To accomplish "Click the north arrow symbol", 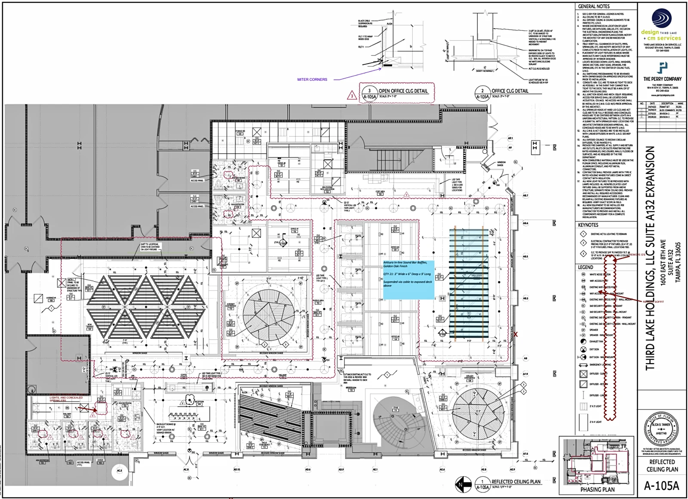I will point(463,484).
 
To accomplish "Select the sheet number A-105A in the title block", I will point(661,486).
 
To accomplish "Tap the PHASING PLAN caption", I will point(597,489).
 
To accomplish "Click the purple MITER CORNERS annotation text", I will point(312,79).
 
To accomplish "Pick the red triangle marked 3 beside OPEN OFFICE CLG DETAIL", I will point(352,95).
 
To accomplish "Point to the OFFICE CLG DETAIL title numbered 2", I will point(510,91).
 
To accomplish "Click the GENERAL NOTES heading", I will point(593,6).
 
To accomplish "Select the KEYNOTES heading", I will point(588,225).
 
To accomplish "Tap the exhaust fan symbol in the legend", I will point(584,341).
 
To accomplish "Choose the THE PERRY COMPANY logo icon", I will point(663,67).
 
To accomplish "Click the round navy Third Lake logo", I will point(662,18).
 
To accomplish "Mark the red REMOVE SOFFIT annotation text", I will point(654,301).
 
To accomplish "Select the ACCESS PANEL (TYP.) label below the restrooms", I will point(83,463).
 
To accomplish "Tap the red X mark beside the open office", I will point(515,334).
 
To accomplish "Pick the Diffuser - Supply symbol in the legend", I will point(584,374).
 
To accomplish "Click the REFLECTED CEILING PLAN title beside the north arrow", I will point(516,481).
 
